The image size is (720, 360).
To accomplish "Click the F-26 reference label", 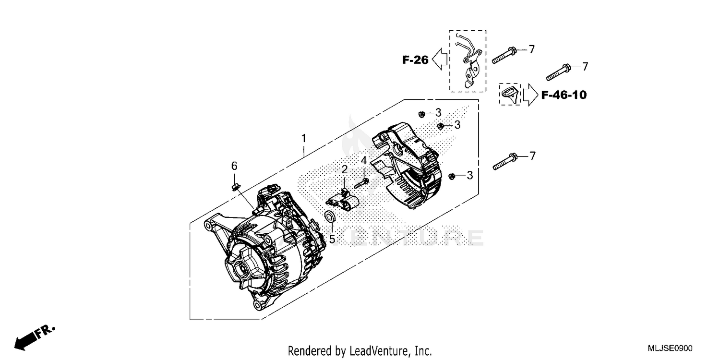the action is pos(415,60).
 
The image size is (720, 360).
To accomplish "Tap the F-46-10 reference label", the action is pos(564,95).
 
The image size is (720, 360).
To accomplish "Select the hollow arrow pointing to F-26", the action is pos(440,60).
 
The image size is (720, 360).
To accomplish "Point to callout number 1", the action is pos(303,138).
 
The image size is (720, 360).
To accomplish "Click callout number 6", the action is pos(234,166).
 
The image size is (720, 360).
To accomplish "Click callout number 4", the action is pos(364,160).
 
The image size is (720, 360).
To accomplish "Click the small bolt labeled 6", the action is pos(235,185).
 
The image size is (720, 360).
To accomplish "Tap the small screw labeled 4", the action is pos(361,183).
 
